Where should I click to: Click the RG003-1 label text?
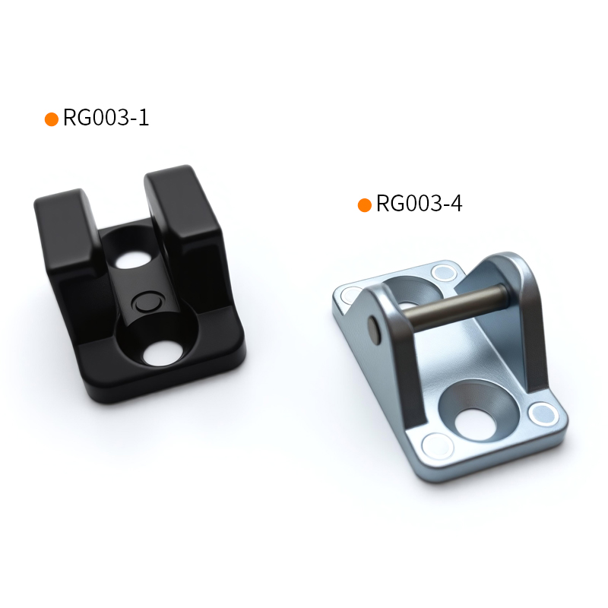[106, 118]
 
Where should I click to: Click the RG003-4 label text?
[420, 204]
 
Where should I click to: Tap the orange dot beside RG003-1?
[52, 119]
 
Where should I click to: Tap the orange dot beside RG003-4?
[365, 205]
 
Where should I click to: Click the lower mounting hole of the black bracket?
[163, 353]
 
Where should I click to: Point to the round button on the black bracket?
[146, 302]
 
